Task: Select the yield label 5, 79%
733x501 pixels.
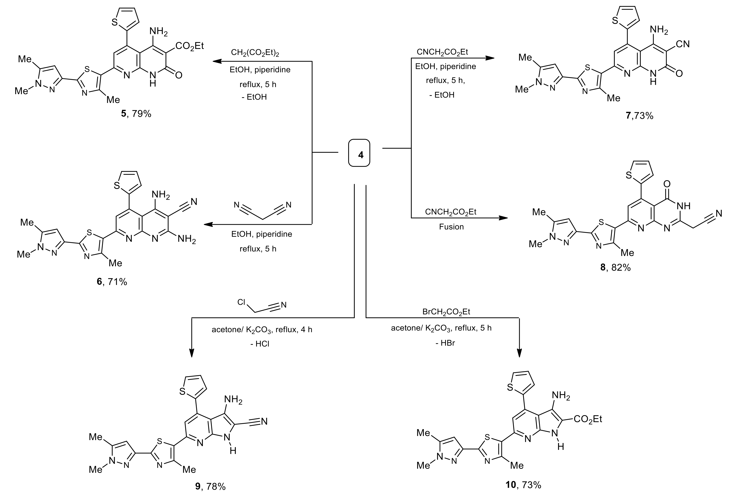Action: point(136,113)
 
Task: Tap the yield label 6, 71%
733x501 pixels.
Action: point(112,281)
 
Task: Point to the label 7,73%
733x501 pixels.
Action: point(639,116)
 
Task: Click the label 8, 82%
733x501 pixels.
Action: point(615,268)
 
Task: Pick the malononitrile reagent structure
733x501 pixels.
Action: point(262,210)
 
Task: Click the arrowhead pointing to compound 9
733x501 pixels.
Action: point(192,353)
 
